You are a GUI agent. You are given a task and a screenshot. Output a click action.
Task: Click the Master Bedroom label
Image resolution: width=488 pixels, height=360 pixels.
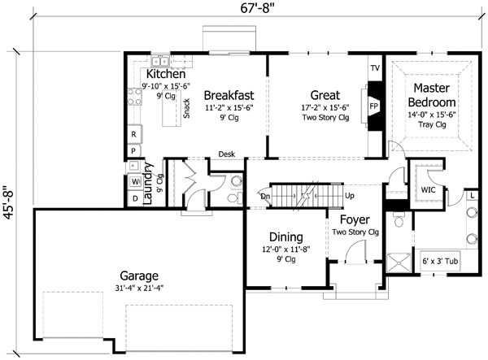431,93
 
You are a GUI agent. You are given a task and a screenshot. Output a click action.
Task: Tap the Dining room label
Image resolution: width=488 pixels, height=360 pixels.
286,237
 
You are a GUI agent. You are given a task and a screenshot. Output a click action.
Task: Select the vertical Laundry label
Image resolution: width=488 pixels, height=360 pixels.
149,184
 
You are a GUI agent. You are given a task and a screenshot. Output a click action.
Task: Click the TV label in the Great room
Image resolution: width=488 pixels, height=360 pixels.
375,67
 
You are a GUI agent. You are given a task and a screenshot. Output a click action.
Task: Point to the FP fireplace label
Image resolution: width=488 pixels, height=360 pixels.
374,106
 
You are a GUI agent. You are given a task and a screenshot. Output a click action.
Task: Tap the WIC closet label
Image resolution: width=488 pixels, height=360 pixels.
429,190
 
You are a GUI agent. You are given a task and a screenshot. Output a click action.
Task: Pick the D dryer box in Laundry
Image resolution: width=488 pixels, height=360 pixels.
134,197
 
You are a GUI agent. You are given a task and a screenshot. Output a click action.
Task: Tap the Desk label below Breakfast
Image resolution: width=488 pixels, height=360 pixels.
227,154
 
